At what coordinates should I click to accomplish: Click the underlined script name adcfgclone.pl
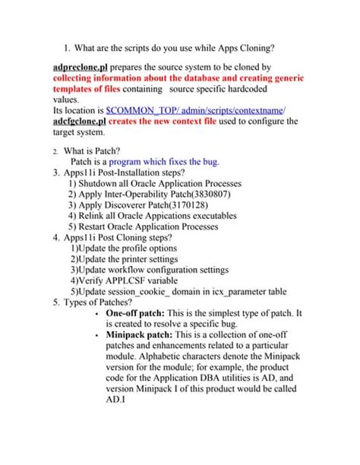pyautogui.click(x=80, y=121)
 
